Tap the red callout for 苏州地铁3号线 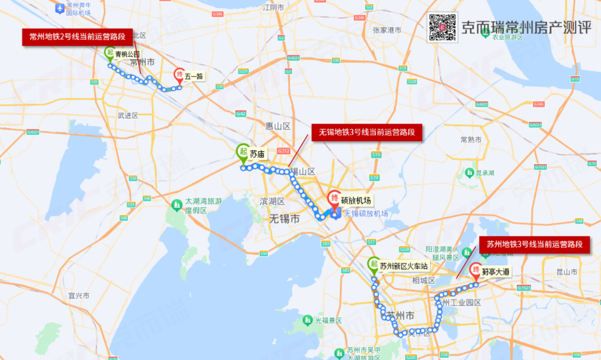pyautogui.click(x=534, y=244)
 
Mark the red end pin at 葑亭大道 pyautogui.click(x=476, y=271)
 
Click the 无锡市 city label pyautogui.click(x=284, y=219)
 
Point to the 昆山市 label pyautogui.click(x=567, y=272)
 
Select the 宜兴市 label pyautogui.click(x=79, y=295)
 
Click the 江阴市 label pyautogui.click(x=274, y=7)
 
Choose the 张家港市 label pyautogui.click(x=387, y=30)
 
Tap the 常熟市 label pyautogui.click(x=471, y=140)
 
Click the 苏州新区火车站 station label pyautogui.click(x=403, y=267)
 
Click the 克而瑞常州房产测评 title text pyautogui.click(x=526, y=27)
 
